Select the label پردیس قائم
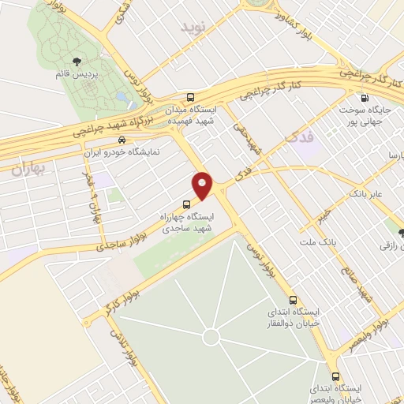click(95, 74)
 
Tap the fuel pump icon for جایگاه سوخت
click(364, 98)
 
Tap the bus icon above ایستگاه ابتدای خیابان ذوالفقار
click(294, 301)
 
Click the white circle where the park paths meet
click(211, 337)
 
